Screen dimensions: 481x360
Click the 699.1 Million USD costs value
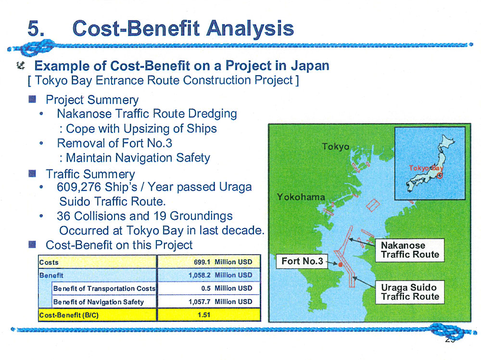223,262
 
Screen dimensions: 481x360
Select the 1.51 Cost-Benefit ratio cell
204,315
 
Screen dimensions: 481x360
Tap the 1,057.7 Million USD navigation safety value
220,302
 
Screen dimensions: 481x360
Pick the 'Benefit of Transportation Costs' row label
104,288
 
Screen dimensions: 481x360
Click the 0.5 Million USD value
227,288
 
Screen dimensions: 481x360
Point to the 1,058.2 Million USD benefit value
220,275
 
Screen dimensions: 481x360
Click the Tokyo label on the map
336,147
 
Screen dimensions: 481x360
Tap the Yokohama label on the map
301,197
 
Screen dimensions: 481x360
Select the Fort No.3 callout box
302,261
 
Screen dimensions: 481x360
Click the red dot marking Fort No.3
340,265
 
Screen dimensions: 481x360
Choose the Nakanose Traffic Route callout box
410,250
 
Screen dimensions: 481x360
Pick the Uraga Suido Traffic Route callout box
410,292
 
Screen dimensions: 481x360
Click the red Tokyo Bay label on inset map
426,168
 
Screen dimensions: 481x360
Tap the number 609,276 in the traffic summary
79,187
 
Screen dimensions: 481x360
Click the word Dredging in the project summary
212,114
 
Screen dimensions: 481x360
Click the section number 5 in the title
36,28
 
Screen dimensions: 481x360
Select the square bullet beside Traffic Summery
32,174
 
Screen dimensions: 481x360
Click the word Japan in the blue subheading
310,65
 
